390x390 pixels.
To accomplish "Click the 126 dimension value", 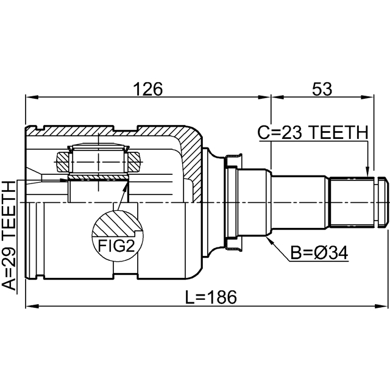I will point(149,89).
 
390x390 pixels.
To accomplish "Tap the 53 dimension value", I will point(322,89).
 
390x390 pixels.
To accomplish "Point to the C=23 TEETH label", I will point(312,132).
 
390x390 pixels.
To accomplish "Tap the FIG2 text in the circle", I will point(116,246).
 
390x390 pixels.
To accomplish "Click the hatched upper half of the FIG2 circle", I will point(115,224).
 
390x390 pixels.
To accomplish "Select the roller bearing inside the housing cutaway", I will point(97,160).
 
